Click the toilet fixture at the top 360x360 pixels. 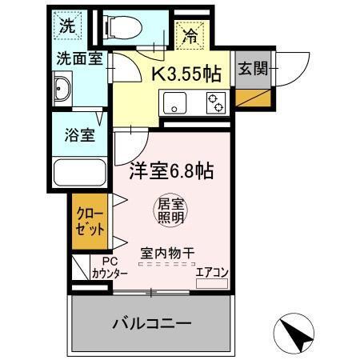pyautogui.click(x=122, y=26)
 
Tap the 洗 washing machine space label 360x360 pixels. pyautogui.click(x=67, y=24)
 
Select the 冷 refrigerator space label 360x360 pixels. pyautogui.click(x=190, y=34)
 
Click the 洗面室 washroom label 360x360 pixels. pyautogui.click(x=78, y=58)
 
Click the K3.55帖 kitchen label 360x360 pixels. pyautogui.click(x=186, y=74)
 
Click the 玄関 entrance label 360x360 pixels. pyautogui.click(x=253, y=70)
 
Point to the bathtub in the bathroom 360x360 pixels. pyautogui.click(x=79, y=173)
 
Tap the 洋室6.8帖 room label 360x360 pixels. pyautogui.click(x=171, y=170)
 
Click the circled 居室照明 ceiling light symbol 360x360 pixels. pyautogui.click(x=170, y=210)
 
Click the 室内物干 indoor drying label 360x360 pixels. pyautogui.click(x=167, y=252)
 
